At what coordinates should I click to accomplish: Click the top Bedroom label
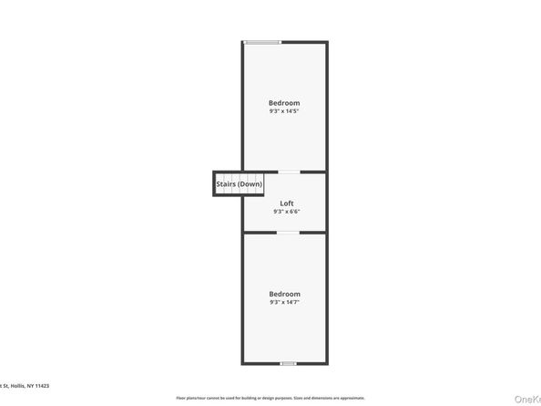pyautogui.click(x=284, y=103)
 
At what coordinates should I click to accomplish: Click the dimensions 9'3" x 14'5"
pyautogui.click(x=284, y=111)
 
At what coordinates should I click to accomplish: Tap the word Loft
pyautogui.click(x=286, y=203)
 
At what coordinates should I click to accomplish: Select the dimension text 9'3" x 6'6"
pyautogui.click(x=286, y=211)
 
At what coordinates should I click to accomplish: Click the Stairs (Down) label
pyautogui.click(x=239, y=184)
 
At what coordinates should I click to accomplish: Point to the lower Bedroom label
pyautogui.click(x=284, y=294)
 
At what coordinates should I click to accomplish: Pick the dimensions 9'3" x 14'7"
pyautogui.click(x=284, y=302)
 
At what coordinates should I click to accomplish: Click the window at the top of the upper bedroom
pyautogui.click(x=262, y=42)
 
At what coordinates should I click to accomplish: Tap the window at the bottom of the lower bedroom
pyautogui.click(x=288, y=363)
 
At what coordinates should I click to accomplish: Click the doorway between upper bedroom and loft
pyautogui.click(x=288, y=172)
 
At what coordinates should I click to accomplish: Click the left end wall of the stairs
pyautogui.click(x=215, y=182)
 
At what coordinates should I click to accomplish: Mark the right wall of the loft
pyautogui.click(x=326, y=202)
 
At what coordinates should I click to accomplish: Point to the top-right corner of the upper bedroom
pyautogui.click(x=326, y=42)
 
